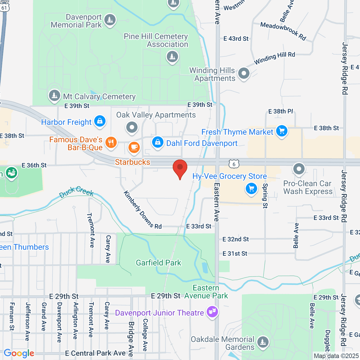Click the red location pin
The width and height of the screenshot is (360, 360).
180,168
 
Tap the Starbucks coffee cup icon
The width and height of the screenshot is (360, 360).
134,147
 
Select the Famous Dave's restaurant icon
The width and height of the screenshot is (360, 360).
111,142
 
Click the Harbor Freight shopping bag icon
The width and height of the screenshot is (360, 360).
100,121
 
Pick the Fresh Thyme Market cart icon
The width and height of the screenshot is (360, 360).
281,131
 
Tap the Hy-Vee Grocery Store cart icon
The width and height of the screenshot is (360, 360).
251,189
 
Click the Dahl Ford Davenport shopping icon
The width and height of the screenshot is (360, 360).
157,142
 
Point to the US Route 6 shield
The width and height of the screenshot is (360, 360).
234,164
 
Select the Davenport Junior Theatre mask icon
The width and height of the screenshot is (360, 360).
212,312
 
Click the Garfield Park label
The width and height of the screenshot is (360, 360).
158,263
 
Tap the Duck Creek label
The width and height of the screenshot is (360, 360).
76,192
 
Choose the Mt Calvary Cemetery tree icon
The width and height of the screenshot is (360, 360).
54,96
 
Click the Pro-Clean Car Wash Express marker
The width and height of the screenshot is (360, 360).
299,169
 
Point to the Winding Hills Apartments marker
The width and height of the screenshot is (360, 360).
244,73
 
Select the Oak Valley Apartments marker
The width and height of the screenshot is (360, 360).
132,127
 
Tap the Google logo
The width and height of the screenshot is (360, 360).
19,353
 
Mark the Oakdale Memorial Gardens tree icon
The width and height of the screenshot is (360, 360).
263,342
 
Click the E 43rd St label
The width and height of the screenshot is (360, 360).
236,39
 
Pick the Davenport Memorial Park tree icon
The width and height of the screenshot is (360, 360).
110,20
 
